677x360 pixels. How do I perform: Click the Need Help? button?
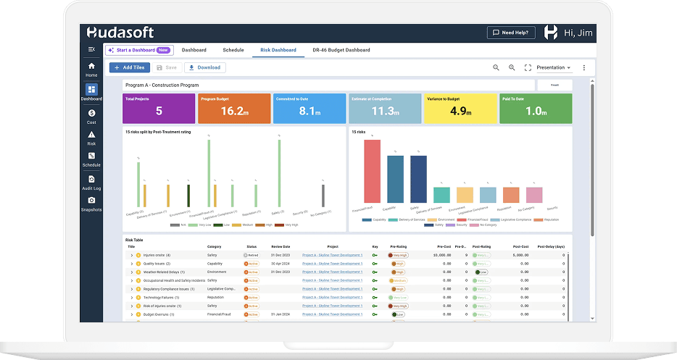511,33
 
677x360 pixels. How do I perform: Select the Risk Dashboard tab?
278,50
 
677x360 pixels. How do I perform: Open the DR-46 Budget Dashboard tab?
341,50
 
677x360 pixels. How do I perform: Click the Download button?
205,67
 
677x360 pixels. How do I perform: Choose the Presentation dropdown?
554,67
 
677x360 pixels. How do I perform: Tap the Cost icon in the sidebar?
91,116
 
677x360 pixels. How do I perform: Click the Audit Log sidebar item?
91,182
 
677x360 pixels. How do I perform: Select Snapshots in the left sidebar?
91,204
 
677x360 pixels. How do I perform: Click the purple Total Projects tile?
159,108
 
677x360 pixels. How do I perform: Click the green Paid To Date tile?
535,108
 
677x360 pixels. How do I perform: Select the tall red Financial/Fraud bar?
372,171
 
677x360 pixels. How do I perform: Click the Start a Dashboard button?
138,50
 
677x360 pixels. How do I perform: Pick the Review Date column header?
282,246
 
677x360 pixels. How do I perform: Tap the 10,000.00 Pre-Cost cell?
441,255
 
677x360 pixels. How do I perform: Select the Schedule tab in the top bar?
233,50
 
